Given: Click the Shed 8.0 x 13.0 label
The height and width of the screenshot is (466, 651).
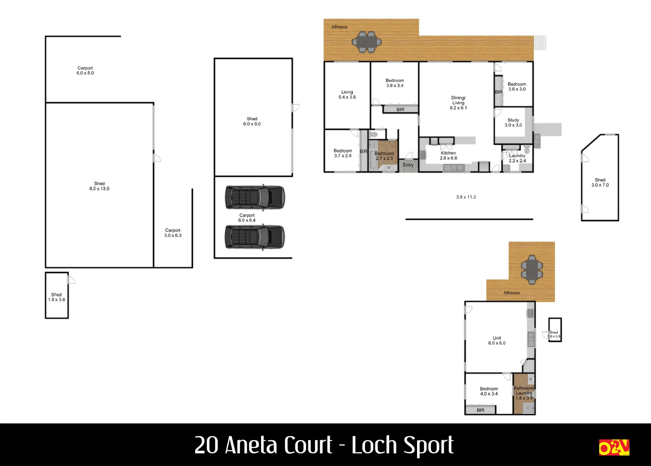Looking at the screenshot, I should (99, 186).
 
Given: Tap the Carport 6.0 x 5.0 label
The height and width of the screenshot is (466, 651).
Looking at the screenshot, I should (85, 70).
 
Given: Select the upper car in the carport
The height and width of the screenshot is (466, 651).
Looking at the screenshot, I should (255, 197).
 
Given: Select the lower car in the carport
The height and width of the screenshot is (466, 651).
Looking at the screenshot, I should (255, 237).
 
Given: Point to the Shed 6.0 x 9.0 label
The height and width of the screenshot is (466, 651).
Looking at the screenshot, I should (252, 121).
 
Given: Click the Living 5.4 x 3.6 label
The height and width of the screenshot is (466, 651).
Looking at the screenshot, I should (347, 94).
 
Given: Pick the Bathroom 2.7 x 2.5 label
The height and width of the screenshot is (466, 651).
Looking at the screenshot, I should (384, 156).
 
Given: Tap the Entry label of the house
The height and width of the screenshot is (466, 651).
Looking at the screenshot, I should (408, 165).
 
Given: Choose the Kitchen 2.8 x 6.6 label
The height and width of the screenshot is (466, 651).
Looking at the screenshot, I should (448, 155).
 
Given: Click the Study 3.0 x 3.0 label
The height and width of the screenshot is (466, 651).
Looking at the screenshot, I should (513, 123).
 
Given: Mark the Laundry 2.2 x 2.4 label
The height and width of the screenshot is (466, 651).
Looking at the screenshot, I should (517, 158).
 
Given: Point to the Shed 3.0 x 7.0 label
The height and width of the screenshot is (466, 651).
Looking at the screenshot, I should (600, 183).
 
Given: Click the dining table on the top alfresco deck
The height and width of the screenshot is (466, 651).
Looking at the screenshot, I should (367, 42).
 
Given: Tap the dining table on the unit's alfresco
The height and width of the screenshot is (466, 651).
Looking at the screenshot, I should (532, 270).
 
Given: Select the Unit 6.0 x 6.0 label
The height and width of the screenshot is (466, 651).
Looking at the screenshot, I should (496, 340).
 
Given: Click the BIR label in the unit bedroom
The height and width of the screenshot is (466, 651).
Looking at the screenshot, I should (480, 410).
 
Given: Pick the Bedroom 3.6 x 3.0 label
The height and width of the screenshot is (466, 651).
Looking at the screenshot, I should (517, 87).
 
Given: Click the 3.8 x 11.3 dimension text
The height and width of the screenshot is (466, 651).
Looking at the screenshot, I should (466, 197).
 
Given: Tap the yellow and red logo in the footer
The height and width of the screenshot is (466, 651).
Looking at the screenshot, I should (614, 447).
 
